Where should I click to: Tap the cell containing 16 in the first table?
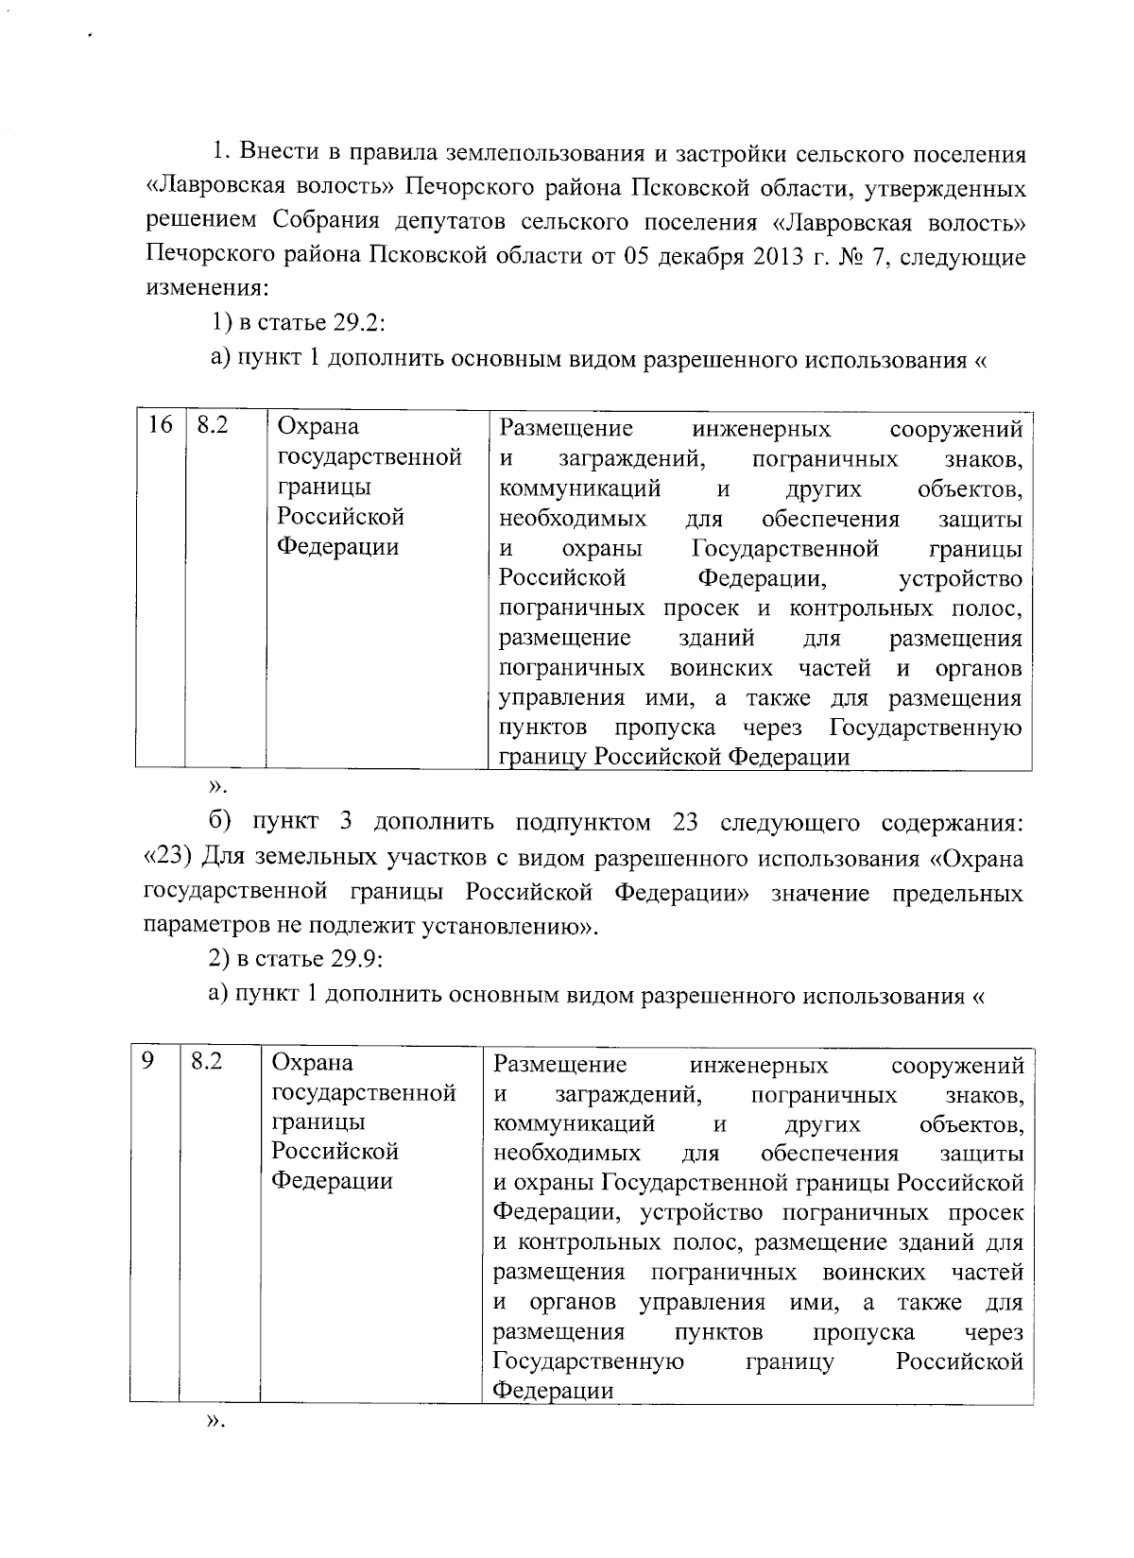pos(161,426)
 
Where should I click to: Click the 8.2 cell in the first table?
pos(213,426)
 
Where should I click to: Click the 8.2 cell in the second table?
pos(207,1062)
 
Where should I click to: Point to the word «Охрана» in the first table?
pos(318,428)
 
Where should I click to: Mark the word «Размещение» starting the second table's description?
pos(560,1065)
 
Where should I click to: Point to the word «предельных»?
pos(958,893)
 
